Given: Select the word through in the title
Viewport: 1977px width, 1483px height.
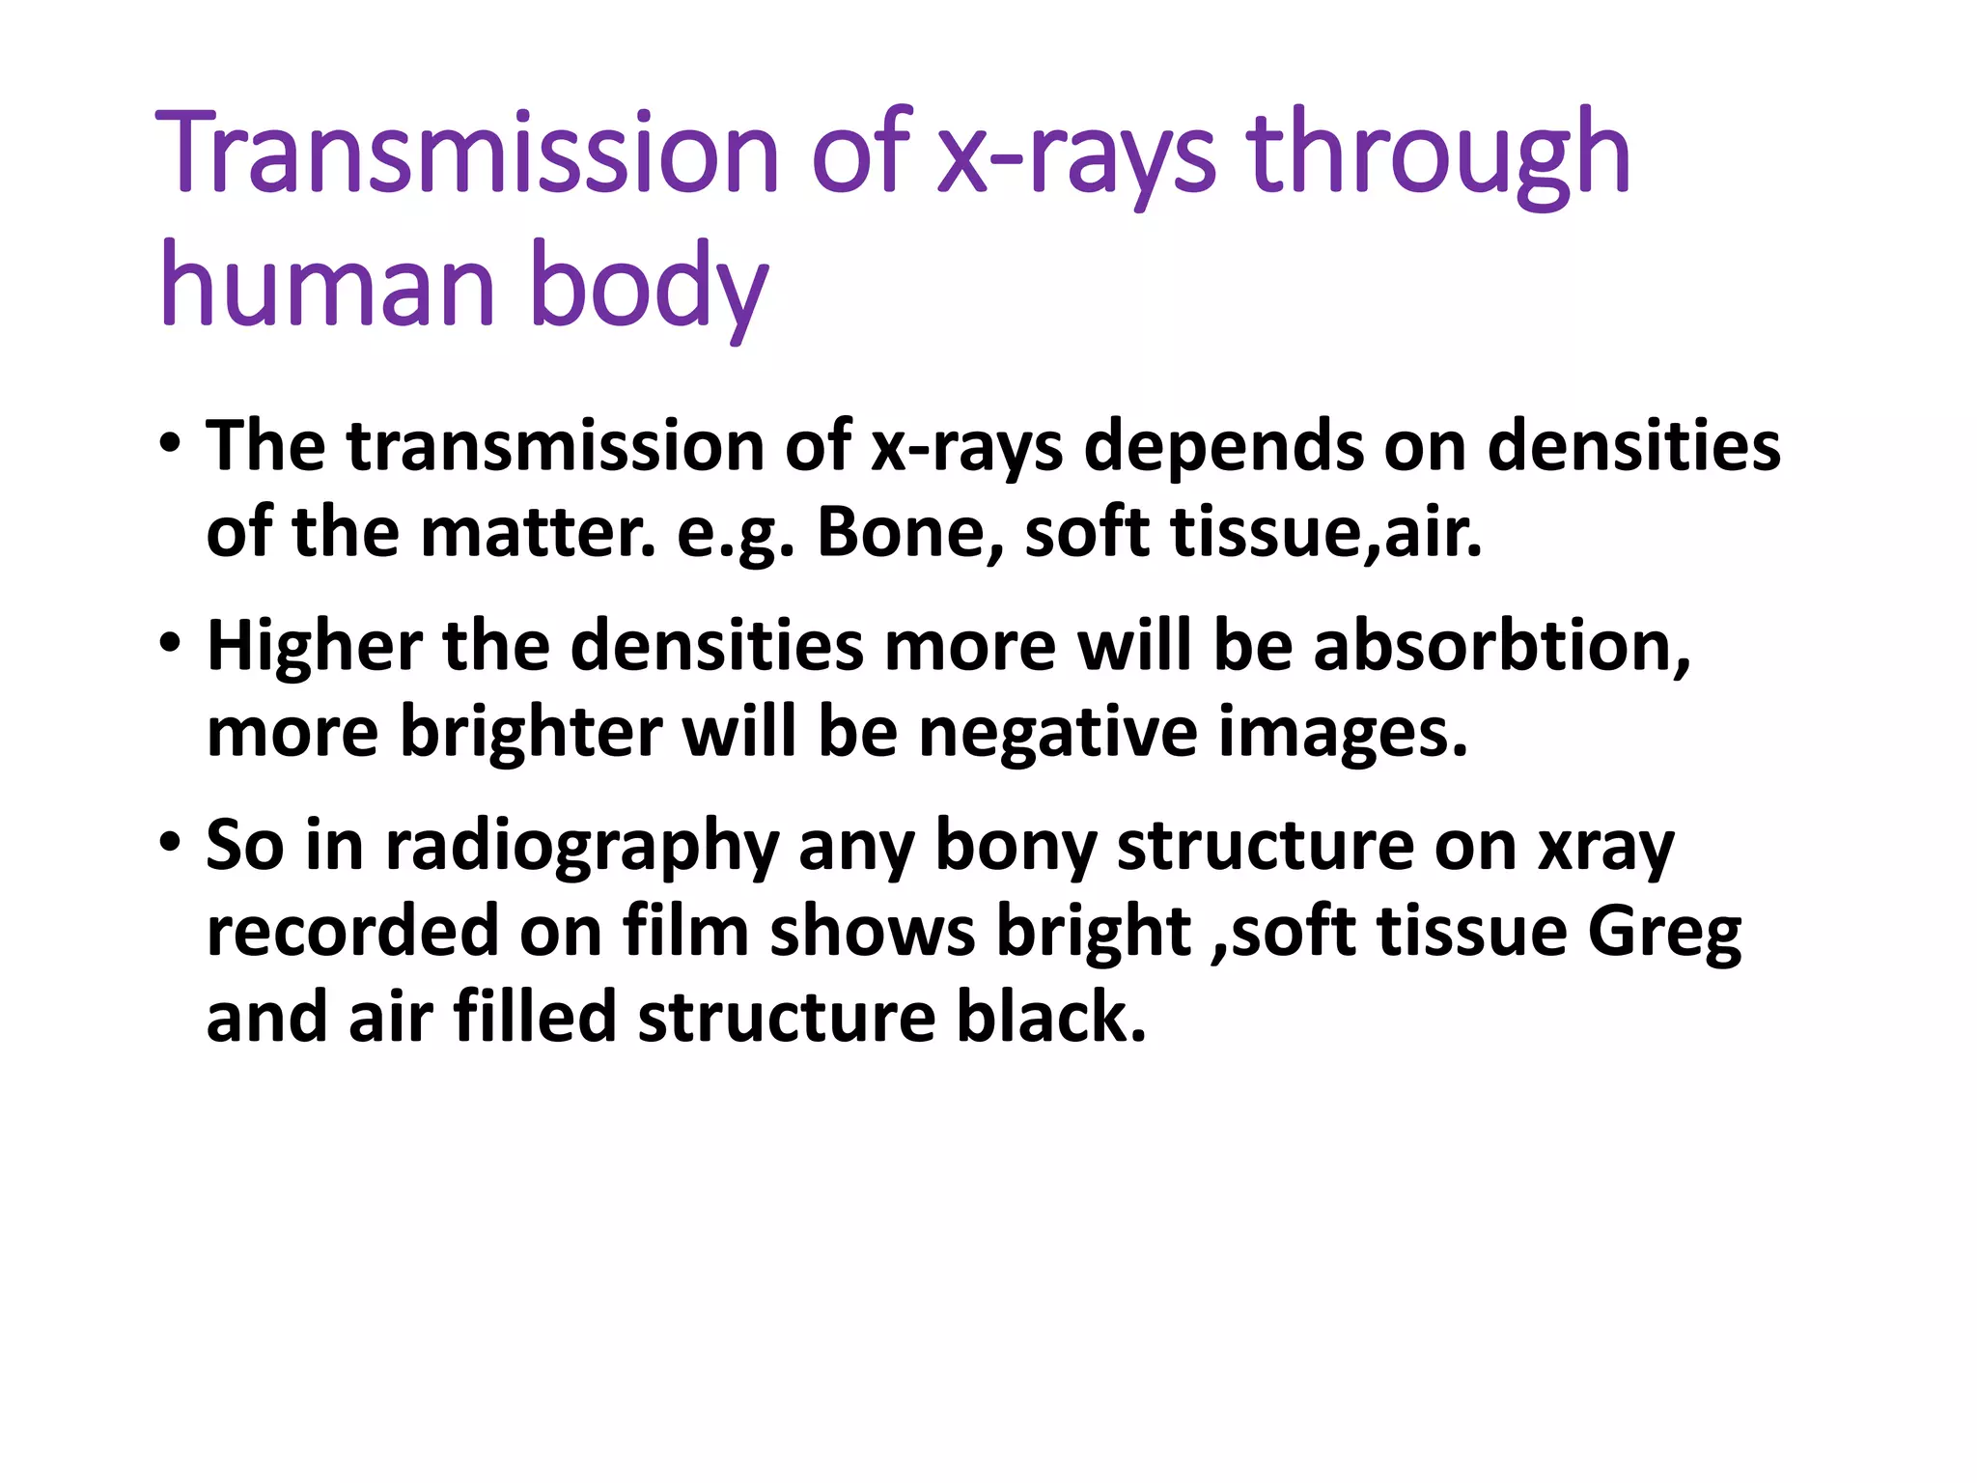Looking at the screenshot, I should point(1438,154).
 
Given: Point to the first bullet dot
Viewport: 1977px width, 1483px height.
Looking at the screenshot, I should point(171,446).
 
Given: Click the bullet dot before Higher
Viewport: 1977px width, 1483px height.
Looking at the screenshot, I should point(171,644).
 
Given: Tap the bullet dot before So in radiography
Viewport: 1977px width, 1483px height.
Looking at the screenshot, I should point(171,843).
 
